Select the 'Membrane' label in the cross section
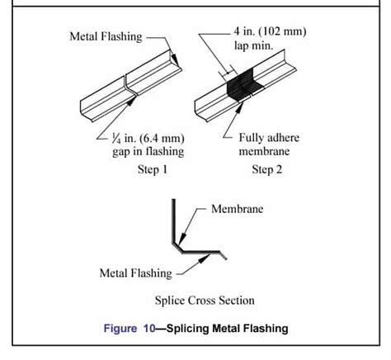pyautogui.click(x=237, y=209)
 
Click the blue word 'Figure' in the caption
pyautogui.click(x=120, y=329)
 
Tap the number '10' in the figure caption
pyautogui.click(x=150, y=329)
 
